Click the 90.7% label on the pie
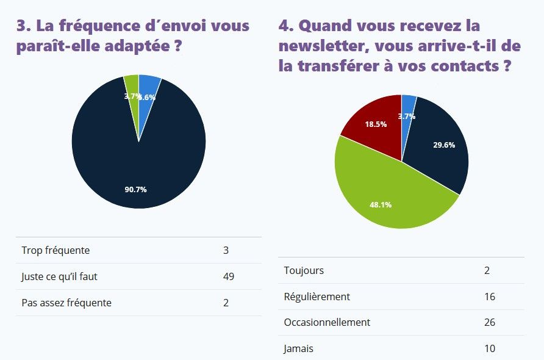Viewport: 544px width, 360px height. (135, 190)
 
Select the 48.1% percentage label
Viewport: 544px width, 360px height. (381, 204)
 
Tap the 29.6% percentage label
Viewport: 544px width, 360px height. (444, 145)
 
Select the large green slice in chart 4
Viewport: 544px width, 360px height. (390, 195)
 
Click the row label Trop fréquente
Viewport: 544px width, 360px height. (55, 250)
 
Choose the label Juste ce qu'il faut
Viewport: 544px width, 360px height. (59, 276)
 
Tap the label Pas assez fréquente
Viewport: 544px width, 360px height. (66, 303)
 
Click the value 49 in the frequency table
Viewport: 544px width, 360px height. (229, 276)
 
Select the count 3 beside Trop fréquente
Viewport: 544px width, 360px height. (226, 250)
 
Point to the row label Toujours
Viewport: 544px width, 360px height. (304, 270)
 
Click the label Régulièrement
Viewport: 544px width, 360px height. (317, 297)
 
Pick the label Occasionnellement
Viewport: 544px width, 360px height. (327, 322)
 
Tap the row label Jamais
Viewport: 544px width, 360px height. (299, 349)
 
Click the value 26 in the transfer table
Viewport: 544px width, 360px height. (490, 322)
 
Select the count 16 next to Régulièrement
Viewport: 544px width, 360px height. (490, 297)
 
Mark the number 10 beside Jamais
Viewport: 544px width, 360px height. (490, 349)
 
